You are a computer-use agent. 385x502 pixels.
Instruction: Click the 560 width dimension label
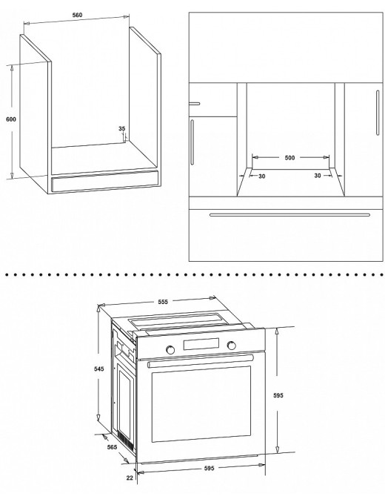pyautogui.click(x=77, y=15)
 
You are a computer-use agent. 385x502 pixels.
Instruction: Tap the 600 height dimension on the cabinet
pyautogui.click(x=11, y=119)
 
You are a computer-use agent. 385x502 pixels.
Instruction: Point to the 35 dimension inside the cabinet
pyautogui.click(x=122, y=129)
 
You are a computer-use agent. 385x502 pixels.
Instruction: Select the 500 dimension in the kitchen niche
pyautogui.click(x=289, y=157)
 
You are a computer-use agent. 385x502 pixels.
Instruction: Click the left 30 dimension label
pyautogui.click(x=262, y=176)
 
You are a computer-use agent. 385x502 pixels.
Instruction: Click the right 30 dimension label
pyautogui.click(x=318, y=176)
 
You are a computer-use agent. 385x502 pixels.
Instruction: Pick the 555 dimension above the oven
pyautogui.click(x=163, y=301)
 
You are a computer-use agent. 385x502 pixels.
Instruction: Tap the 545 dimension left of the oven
pyautogui.click(x=98, y=369)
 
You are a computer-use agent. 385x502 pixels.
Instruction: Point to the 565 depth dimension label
pyautogui.click(x=112, y=447)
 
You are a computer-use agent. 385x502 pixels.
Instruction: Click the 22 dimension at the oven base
pyautogui.click(x=130, y=478)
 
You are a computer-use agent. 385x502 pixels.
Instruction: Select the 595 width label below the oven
pyautogui.click(x=209, y=468)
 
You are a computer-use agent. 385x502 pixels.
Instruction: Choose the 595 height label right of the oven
pyautogui.click(x=278, y=395)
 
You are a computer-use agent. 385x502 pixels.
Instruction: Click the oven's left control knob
pyautogui.click(x=170, y=349)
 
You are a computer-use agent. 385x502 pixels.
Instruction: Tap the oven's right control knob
pyautogui.click(x=231, y=346)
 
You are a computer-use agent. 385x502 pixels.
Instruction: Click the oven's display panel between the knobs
pyautogui.click(x=201, y=344)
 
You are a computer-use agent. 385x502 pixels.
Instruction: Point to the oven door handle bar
pyautogui.click(x=201, y=360)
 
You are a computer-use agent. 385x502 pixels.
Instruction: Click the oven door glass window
pyautogui.click(x=201, y=404)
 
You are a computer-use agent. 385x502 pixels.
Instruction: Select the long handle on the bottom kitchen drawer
pyautogui.click(x=289, y=215)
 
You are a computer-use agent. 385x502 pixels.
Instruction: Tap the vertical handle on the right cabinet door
pyautogui.click(x=378, y=113)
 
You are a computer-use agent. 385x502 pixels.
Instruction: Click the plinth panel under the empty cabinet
pyautogui.click(x=105, y=181)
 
